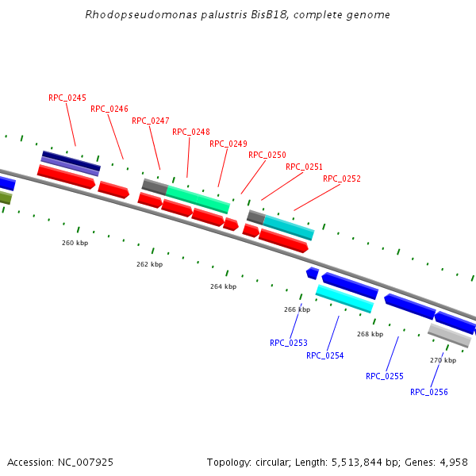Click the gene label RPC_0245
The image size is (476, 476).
[x=67, y=98]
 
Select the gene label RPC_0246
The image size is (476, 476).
[x=109, y=109]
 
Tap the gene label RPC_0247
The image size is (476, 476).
[x=151, y=121]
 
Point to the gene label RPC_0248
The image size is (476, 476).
[x=191, y=132]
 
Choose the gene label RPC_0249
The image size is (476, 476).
[x=228, y=144]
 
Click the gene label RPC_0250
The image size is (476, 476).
[x=267, y=155]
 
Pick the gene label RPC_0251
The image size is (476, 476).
[x=305, y=167]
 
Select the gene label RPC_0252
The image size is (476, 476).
[x=342, y=178]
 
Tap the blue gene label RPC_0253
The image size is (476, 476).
[x=289, y=343]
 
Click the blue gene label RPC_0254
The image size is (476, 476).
[x=325, y=355]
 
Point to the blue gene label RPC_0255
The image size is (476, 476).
[x=385, y=376]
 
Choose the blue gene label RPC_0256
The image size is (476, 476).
[x=429, y=392]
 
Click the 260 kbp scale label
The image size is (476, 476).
[x=75, y=243]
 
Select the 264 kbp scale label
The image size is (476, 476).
[x=223, y=286]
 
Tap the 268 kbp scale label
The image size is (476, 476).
[x=370, y=334]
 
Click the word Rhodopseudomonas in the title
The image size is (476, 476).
[x=129, y=15]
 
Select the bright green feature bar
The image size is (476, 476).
[x=198, y=198]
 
